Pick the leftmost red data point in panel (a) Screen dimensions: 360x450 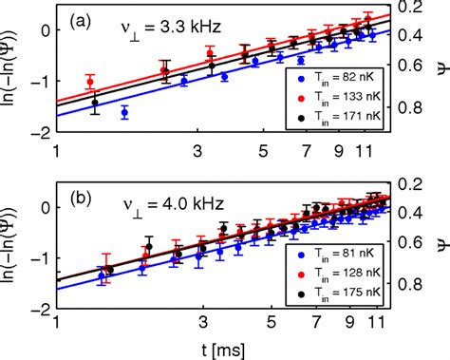[90, 82]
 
